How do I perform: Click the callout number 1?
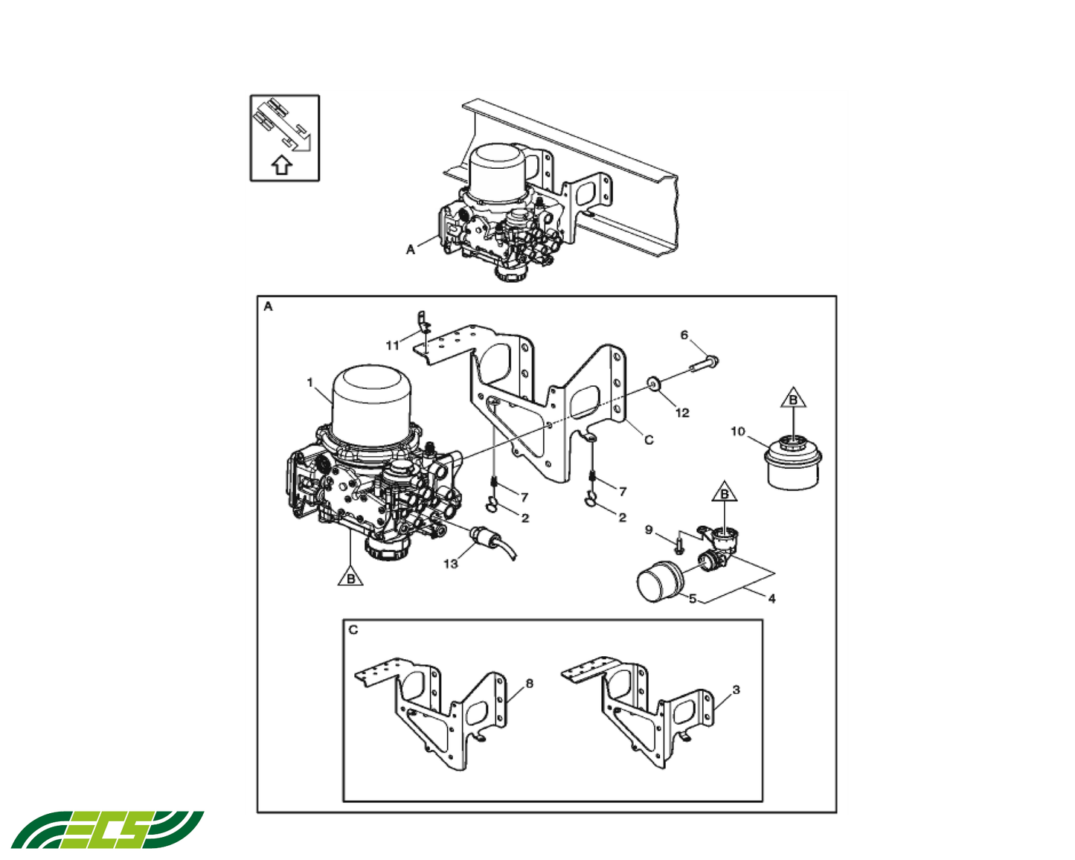pyautogui.click(x=310, y=382)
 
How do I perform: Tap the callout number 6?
pyautogui.click(x=684, y=336)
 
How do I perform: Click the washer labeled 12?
pyautogui.click(x=655, y=385)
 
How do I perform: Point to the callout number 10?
pyautogui.click(x=737, y=431)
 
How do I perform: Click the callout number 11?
pyautogui.click(x=392, y=345)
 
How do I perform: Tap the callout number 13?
pyautogui.click(x=451, y=564)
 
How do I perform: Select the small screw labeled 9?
pyautogui.click(x=679, y=546)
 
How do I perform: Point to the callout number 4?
pyautogui.click(x=771, y=598)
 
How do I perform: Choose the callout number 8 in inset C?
pyautogui.click(x=529, y=683)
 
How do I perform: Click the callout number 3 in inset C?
pyautogui.click(x=736, y=690)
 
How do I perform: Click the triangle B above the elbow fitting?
pyautogui.click(x=724, y=493)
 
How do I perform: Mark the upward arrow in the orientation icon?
pyautogui.click(x=281, y=164)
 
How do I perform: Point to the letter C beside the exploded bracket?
pyautogui.click(x=649, y=440)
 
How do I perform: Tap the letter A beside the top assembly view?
pyautogui.click(x=410, y=250)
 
